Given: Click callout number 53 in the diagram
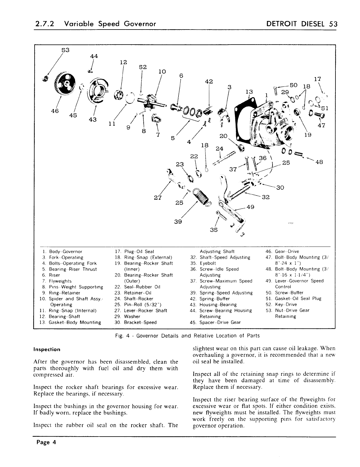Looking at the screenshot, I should tap(65, 50).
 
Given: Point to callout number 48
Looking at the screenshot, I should tap(319, 162).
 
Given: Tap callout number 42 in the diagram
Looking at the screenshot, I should tap(209, 82).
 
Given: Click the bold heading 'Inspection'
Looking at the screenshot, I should tap(47, 349).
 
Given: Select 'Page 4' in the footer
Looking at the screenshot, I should tap(46, 442).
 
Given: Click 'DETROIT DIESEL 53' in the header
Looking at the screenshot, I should tap(301, 24).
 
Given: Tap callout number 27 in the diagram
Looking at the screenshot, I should tap(158, 198).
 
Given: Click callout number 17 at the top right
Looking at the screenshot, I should tap(317, 79).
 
